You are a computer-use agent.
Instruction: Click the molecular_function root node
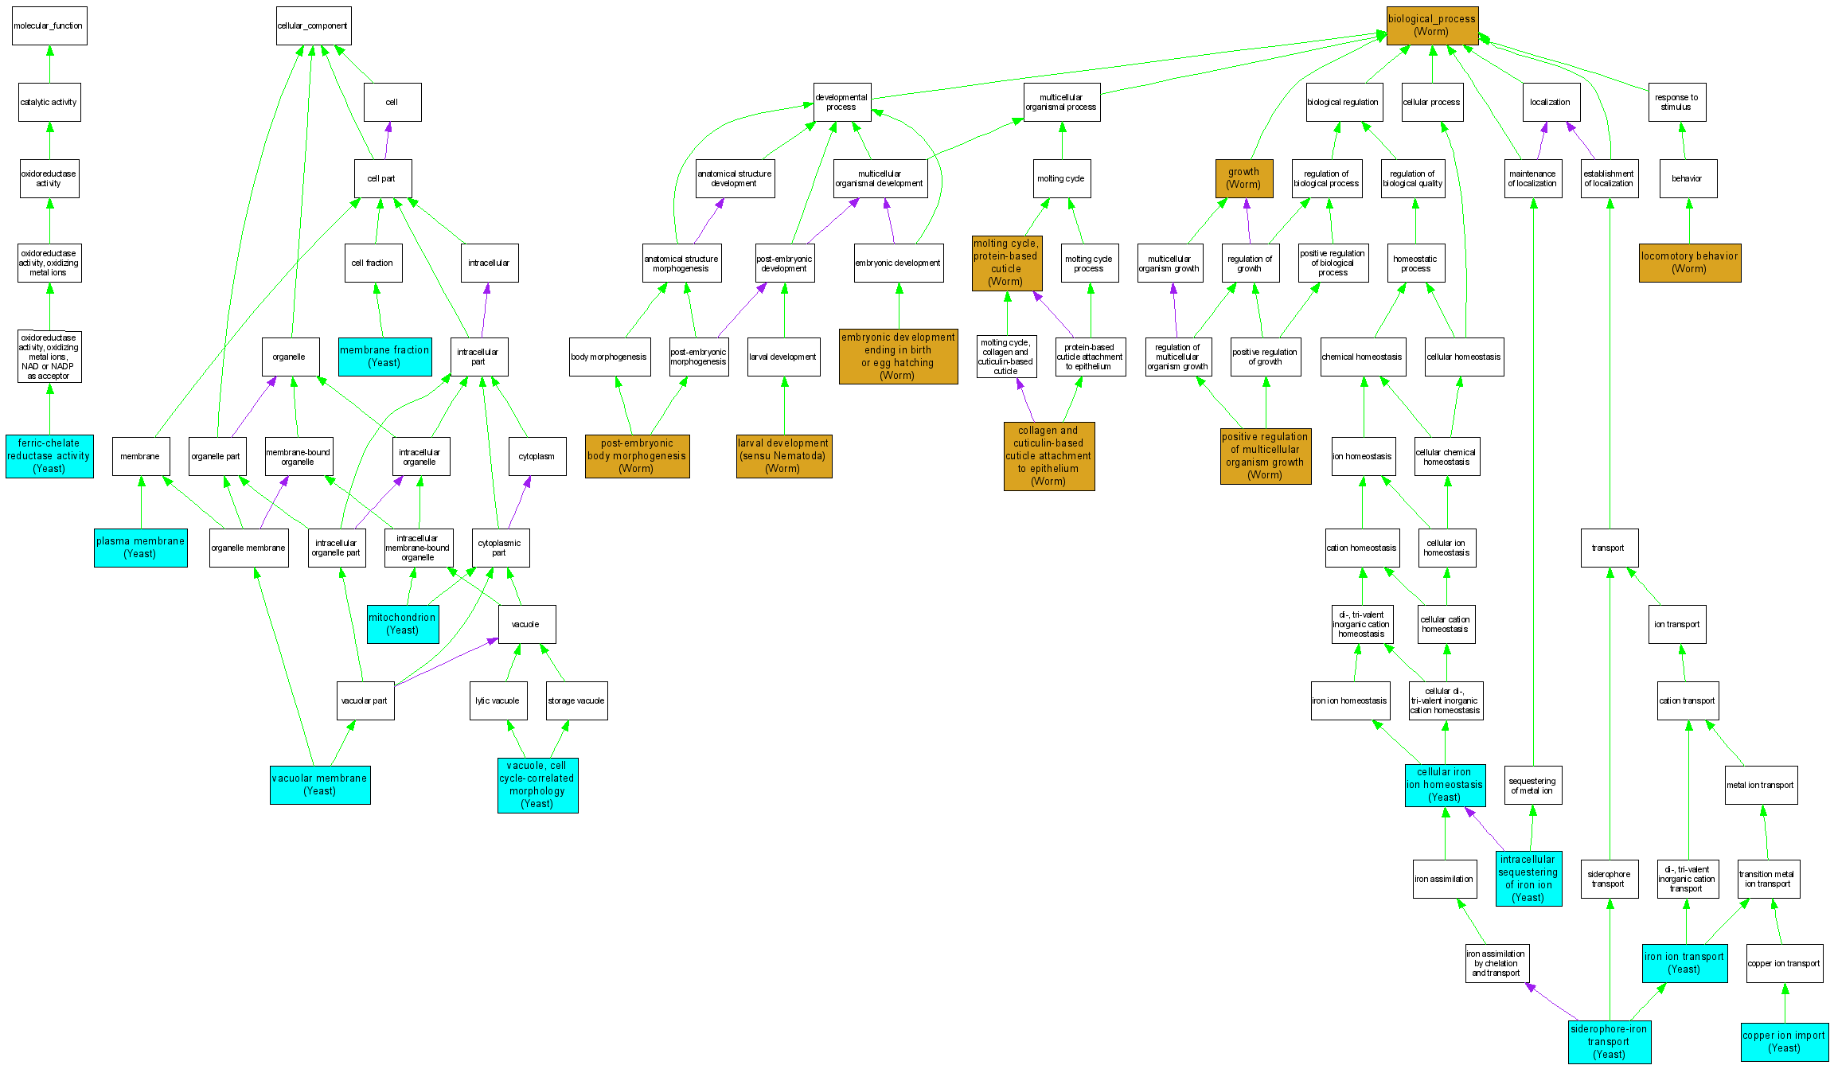pos(49,26)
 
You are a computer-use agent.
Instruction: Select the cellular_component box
pos(313,26)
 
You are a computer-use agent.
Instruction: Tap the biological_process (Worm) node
pos(1432,25)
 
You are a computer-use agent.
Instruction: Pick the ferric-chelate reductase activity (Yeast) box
pos(49,456)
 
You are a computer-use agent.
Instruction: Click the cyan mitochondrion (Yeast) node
pos(403,624)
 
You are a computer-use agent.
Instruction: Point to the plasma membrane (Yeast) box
pos(141,548)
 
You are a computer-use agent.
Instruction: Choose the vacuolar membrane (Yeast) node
pos(320,785)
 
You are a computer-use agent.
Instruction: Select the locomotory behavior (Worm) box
pos(1690,263)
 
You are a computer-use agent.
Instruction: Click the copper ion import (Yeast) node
pos(1784,1042)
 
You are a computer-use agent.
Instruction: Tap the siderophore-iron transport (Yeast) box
pos(1609,1042)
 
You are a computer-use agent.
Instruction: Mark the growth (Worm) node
pos(1244,178)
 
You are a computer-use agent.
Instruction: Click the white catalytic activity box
pos(49,103)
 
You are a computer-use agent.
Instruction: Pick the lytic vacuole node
pos(498,700)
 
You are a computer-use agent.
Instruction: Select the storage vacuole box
pos(576,700)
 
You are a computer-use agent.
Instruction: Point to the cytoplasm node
pos(537,456)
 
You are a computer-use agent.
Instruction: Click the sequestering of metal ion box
pos(1532,786)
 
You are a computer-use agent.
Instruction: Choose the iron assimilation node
pos(1444,879)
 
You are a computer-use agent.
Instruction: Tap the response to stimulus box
pos(1677,103)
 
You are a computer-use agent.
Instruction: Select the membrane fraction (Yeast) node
pos(385,357)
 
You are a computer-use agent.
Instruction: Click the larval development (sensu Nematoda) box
pos(784,456)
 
